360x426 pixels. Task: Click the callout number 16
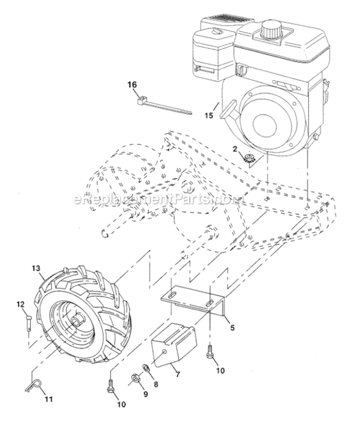coord(132,85)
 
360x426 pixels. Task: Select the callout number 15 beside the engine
coord(209,115)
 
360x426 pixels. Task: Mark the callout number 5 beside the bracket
coord(232,327)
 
